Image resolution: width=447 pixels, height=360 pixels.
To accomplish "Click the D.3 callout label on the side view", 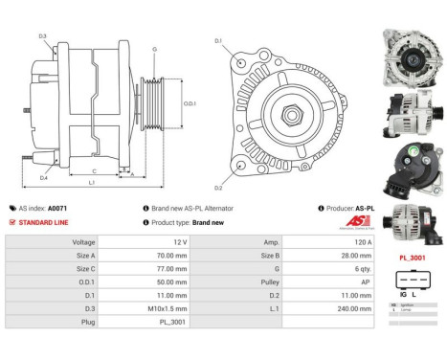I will [43, 36].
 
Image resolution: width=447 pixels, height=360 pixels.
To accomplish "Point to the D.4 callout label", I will [43, 178].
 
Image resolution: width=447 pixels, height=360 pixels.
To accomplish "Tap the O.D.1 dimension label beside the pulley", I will [190, 104].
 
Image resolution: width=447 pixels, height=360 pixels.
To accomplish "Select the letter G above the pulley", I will [155, 49].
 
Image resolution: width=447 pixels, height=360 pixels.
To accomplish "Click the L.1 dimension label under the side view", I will [91, 182].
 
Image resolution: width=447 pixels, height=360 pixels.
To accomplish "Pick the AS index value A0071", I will [57, 208].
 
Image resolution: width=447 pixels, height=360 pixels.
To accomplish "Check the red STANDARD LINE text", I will [42, 221].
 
